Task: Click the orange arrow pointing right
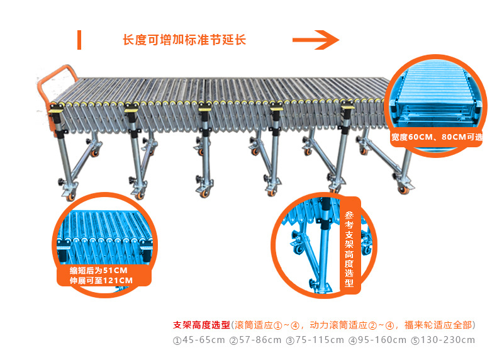click(x=315, y=40)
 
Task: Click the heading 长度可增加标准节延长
click(x=184, y=40)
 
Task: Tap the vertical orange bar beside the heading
click(x=79, y=39)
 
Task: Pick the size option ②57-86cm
click(x=255, y=340)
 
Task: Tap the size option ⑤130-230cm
click(x=444, y=340)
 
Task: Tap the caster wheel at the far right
click(x=401, y=189)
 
